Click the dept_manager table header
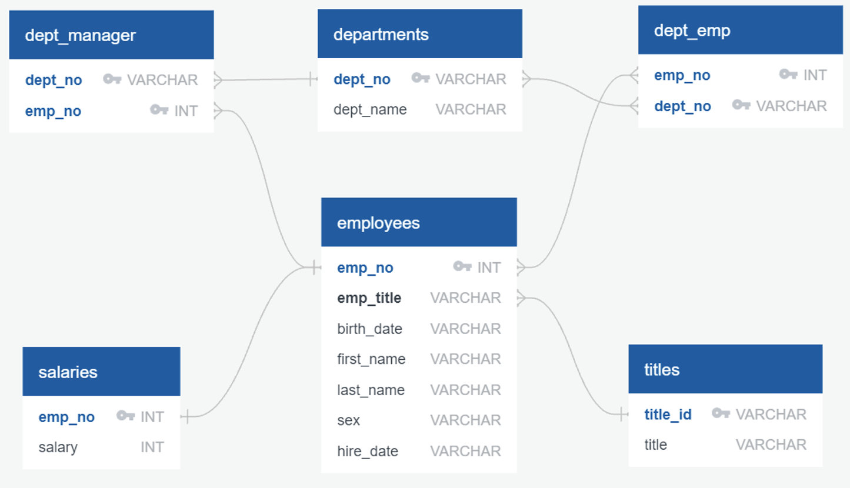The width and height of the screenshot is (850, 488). pyautogui.click(x=80, y=35)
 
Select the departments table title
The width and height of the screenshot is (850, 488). pyautogui.click(x=381, y=34)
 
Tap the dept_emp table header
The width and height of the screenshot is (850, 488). pyautogui.click(x=692, y=31)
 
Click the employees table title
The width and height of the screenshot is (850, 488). pyautogui.click(x=378, y=223)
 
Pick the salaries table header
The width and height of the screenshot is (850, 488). pyautogui.click(x=68, y=372)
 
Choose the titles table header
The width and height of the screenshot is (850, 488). pyautogui.click(x=662, y=369)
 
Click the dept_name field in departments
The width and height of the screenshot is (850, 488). pyautogui.click(x=370, y=109)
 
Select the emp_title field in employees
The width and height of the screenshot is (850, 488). pyautogui.click(x=369, y=298)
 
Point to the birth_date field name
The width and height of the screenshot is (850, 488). pyautogui.click(x=369, y=329)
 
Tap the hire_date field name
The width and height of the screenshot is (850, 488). pyautogui.click(x=368, y=451)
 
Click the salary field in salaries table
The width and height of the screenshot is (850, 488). pyautogui.click(x=58, y=447)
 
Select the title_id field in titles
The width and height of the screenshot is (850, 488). pyautogui.click(x=668, y=415)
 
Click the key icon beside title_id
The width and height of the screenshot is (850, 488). pyautogui.click(x=721, y=413)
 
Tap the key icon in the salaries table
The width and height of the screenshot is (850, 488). pyautogui.click(x=125, y=416)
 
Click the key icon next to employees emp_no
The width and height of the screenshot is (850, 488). pyautogui.click(x=462, y=266)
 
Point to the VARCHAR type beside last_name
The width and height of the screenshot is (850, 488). pyautogui.click(x=465, y=390)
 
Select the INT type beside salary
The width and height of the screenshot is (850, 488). pyautogui.click(x=152, y=447)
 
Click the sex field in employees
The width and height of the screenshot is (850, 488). pyautogui.click(x=348, y=420)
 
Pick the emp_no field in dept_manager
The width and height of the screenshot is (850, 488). pyautogui.click(x=53, y=111)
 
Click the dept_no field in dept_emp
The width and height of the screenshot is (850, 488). pyautogui.click(x=682, y=106)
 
